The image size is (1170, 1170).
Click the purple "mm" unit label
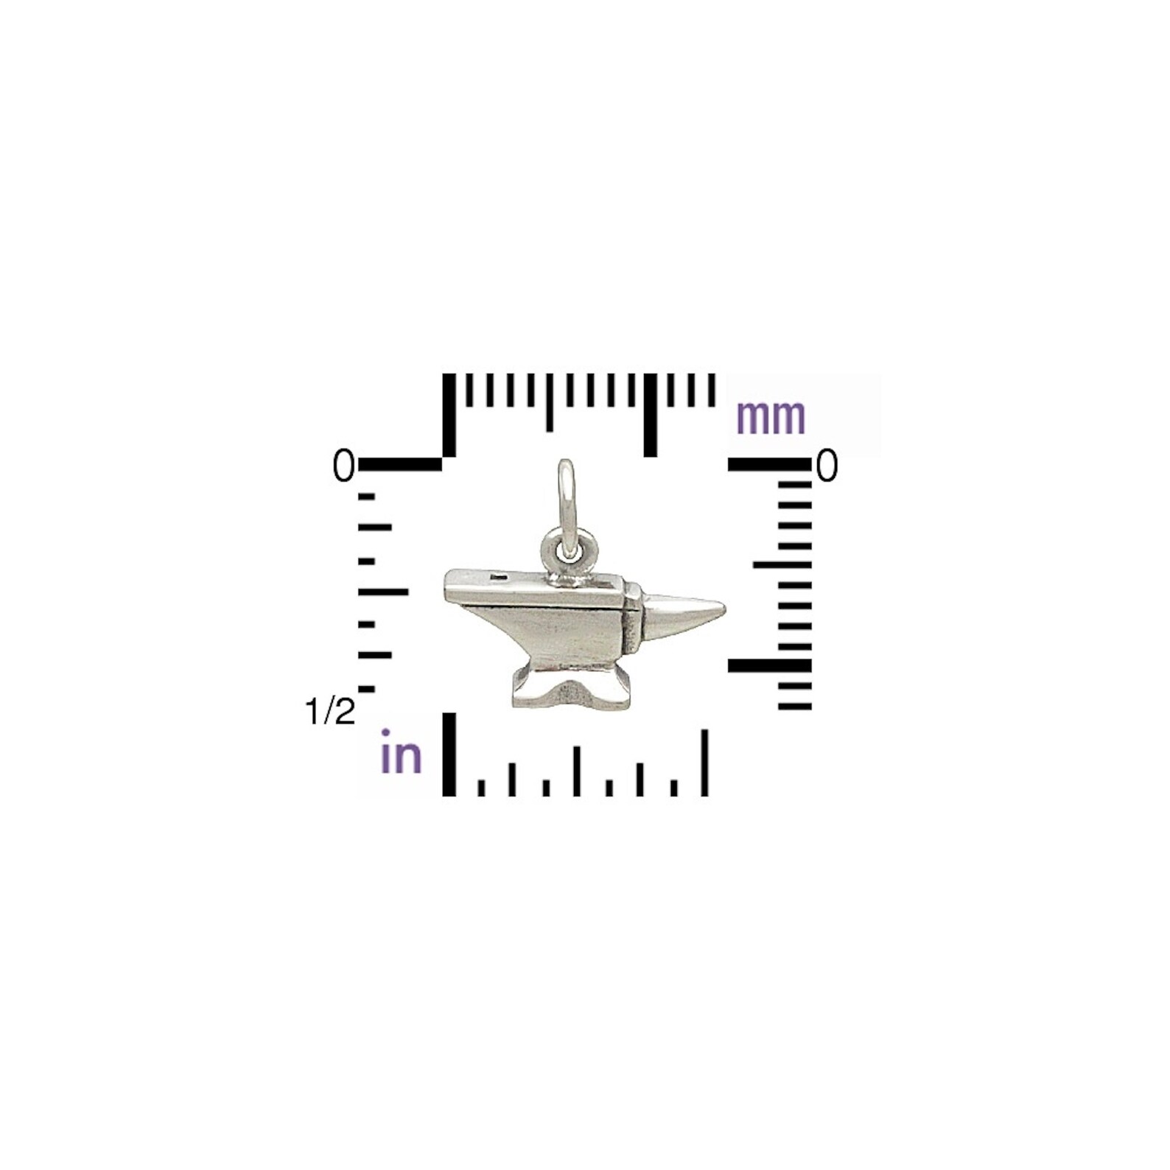coord(771,418)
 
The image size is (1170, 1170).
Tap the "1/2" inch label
coord(329,712)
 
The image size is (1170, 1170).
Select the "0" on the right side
coord(827,466)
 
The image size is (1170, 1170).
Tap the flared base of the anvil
coord(571,687)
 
